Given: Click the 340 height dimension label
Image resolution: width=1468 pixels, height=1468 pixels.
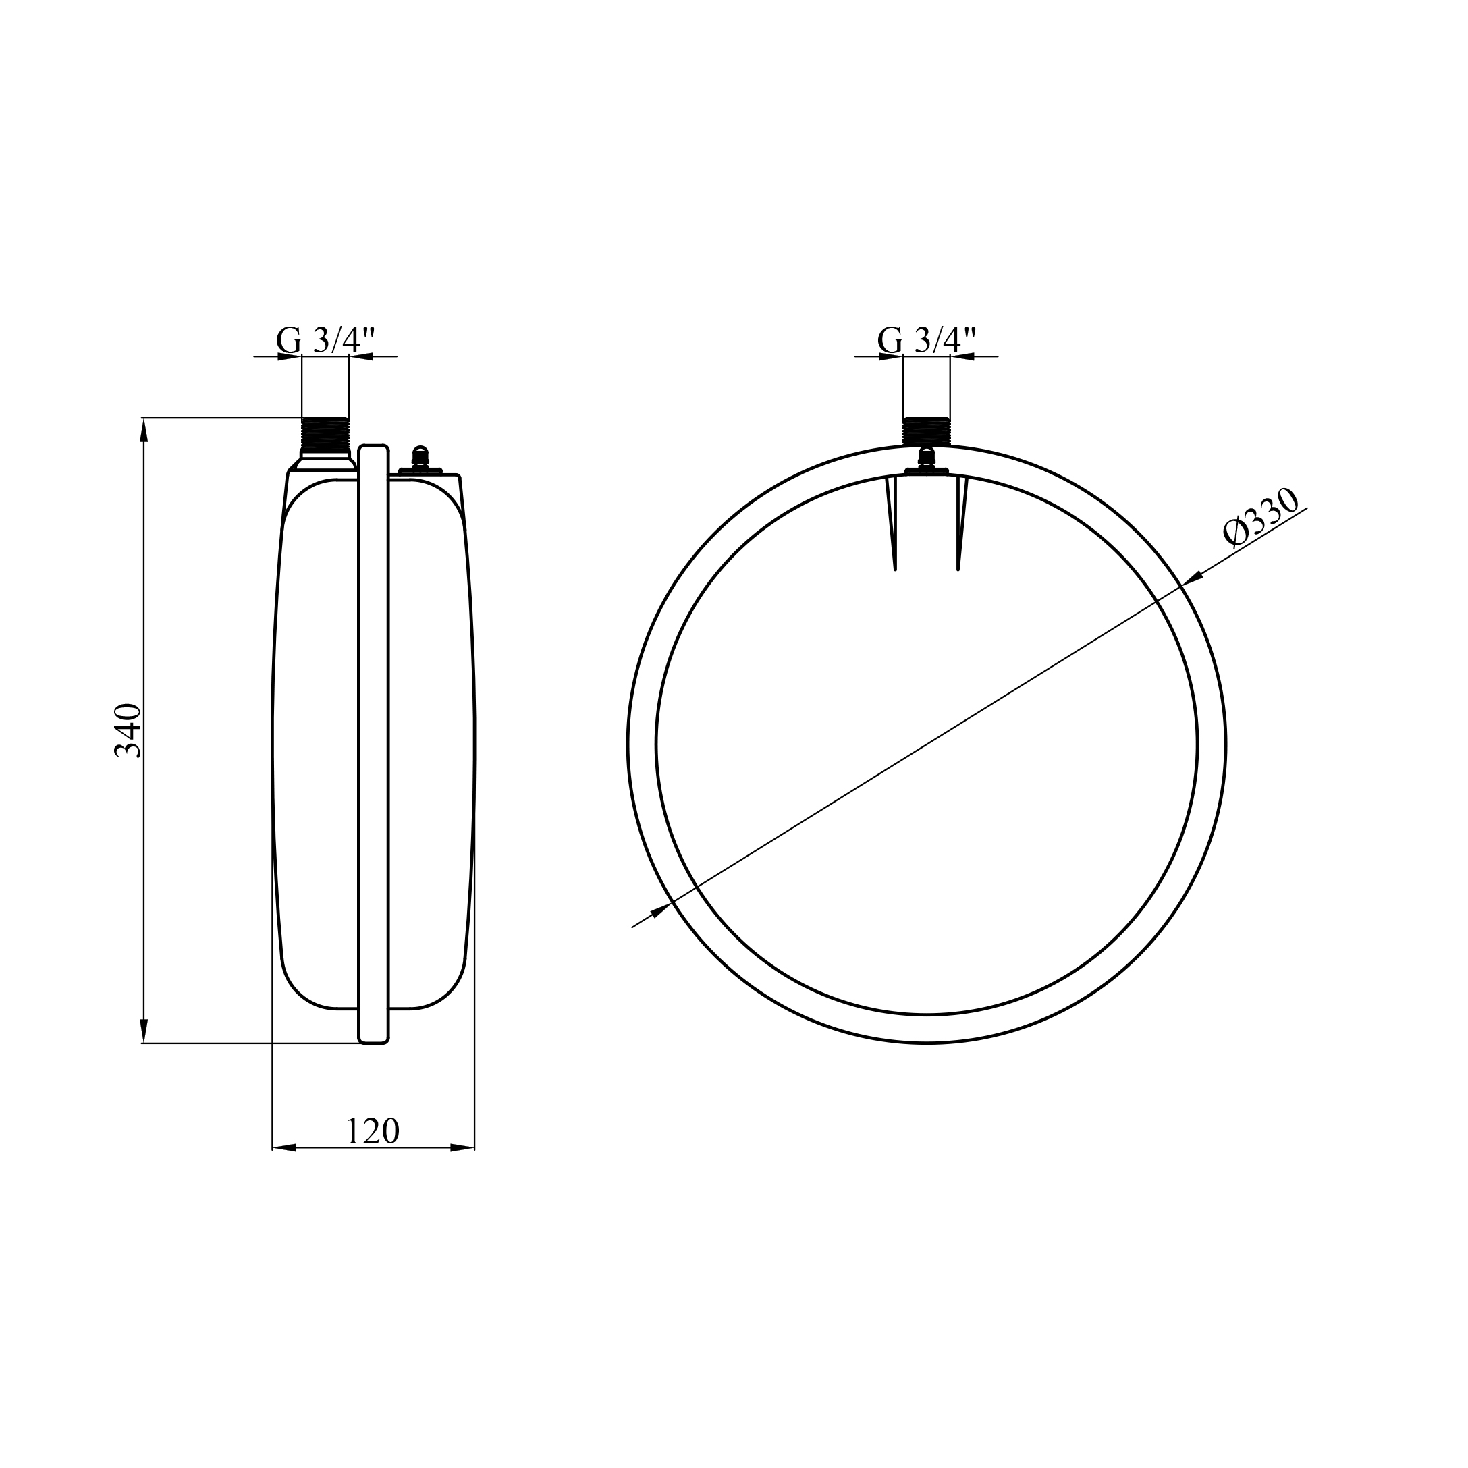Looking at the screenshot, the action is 128,730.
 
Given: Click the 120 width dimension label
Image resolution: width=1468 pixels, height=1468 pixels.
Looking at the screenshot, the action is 373,1131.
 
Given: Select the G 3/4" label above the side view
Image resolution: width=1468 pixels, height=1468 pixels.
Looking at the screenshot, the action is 326,339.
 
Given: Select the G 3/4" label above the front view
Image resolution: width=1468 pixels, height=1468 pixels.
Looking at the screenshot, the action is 927,339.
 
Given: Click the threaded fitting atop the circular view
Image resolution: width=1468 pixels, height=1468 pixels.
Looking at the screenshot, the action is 926,431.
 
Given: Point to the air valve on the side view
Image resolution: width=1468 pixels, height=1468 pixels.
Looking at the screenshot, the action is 420,460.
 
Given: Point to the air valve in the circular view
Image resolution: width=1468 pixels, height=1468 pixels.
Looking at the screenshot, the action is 926,461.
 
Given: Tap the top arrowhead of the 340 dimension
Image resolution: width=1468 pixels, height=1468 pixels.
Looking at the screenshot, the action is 144,429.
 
